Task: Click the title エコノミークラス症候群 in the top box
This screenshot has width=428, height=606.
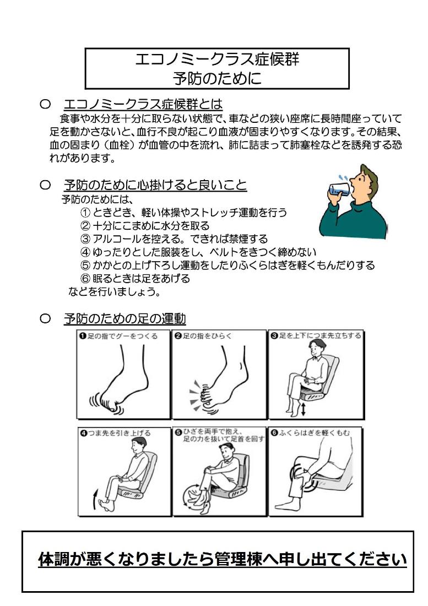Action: point(218,59)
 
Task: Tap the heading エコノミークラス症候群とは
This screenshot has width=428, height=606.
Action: point(143,104)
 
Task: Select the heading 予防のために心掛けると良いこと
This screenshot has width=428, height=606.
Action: point(155,186)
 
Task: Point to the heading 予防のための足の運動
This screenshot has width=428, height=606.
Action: point(124,318)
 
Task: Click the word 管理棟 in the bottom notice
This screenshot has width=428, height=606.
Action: point(262,560)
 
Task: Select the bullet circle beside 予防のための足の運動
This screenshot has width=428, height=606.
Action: point(46,319)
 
